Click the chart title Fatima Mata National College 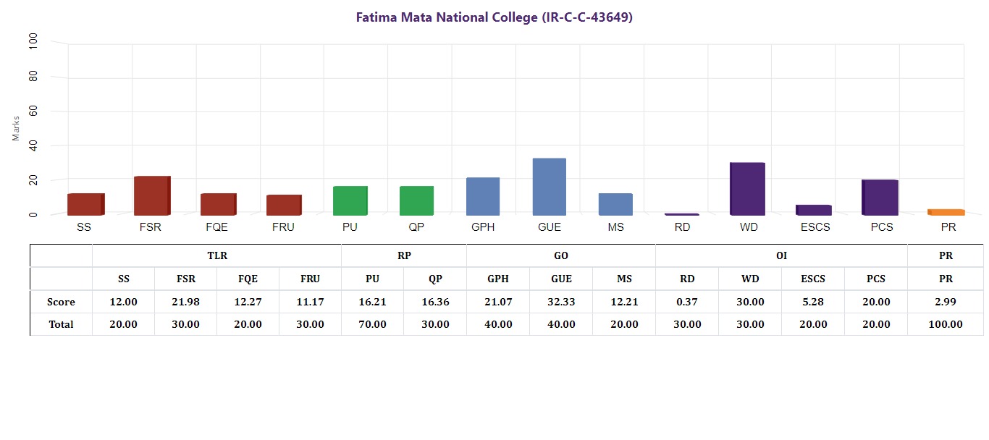494,17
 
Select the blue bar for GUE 549,187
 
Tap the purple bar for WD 747,189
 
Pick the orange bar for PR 946,212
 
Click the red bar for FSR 151,195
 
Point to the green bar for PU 350,200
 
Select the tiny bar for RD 681,214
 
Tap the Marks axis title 17,128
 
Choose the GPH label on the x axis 483,227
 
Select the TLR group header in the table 217,255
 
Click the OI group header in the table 781,255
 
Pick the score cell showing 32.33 561,302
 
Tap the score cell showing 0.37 687,302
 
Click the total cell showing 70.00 372,324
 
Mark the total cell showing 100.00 946,324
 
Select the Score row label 61,302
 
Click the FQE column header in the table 248,279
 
